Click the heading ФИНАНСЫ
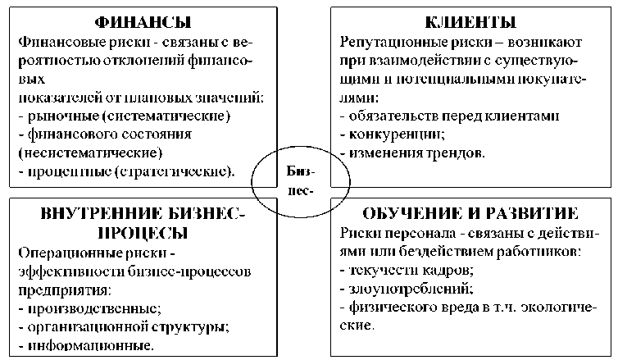pyautogui.click(x=140, y=21)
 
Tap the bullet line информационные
pyautogui.click(x=89, y=344)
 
